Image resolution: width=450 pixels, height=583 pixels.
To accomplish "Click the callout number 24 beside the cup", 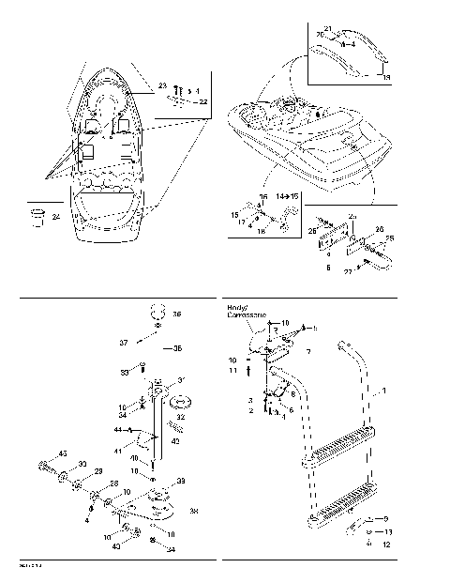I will point(56,217).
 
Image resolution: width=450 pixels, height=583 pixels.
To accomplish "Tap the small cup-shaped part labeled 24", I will point(38,218).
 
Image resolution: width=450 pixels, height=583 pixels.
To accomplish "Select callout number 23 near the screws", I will point(162,84).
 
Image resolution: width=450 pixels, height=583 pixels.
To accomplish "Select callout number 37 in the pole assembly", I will point(123,344).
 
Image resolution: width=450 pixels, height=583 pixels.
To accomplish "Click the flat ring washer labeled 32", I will point(176,402).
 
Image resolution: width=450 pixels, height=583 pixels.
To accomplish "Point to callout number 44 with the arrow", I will point(118,430).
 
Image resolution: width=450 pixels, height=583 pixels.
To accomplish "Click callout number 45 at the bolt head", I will point(63,454).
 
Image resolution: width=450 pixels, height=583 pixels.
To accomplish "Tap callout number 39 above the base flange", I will point(180,480).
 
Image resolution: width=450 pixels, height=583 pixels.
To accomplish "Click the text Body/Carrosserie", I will point(247,312).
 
